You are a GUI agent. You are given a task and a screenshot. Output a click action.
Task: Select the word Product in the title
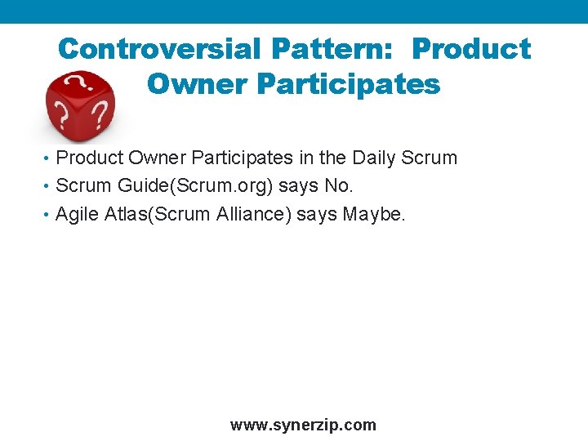pos(471,49)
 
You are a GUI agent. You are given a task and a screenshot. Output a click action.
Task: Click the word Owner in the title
pos(190,83)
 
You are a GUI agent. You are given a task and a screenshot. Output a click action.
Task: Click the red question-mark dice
pos(79,105)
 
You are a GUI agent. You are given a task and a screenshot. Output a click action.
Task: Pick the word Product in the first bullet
pos(89,157)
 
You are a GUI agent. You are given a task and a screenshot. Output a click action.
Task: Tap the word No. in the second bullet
pos(339,185)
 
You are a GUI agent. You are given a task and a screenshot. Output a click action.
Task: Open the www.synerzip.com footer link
pos(303,425)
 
